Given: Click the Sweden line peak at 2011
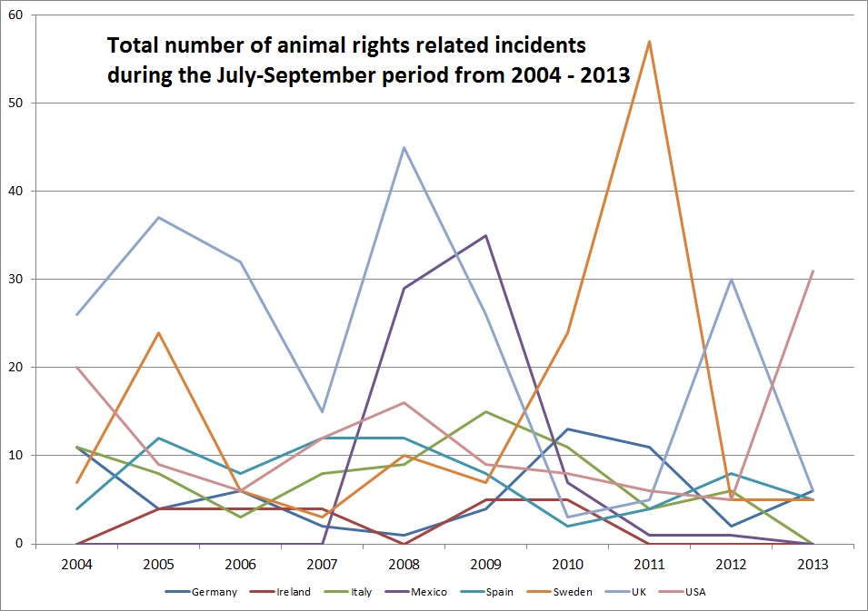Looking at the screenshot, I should coord(649,41).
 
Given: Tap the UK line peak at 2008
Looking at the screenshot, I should coord(404,147).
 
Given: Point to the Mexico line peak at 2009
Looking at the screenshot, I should coord(485,235).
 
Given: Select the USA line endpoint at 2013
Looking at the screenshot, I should coord(813,271).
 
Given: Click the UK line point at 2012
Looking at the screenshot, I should coord(731,279).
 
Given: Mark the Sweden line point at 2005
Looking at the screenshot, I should coord(158,332).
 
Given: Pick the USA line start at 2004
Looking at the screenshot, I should coord(77,368).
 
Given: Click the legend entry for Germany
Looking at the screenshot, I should coord(215,592).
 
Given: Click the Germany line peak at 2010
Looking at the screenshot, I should coord(567,429).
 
